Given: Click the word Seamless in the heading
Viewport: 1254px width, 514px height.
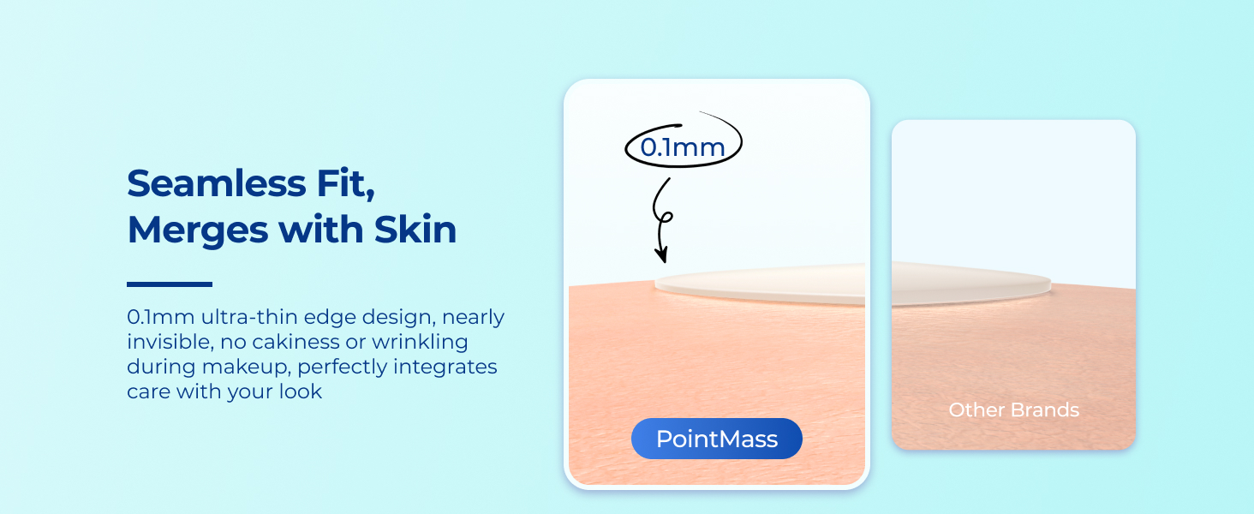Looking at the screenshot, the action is [217, 183].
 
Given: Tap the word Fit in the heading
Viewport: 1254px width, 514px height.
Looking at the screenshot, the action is [345, 183].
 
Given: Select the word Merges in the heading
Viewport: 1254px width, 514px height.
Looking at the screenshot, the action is [198, 230].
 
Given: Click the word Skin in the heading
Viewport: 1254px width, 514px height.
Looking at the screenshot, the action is [415, 229].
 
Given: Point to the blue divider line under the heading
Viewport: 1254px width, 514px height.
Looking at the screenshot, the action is [170, 284].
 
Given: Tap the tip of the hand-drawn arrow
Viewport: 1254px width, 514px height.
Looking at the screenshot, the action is [664, 262].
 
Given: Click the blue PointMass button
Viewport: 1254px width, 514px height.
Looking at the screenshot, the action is [717, 439].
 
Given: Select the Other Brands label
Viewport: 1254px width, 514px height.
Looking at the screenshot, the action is [1014, 409].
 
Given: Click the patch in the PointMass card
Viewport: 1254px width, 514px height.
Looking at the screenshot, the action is [761, 285].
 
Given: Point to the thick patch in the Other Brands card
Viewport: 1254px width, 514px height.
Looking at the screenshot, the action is [971, 284].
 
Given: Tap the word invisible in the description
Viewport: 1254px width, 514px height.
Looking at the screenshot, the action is [170, 342].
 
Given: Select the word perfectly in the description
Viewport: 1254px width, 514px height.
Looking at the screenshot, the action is [342, 368].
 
